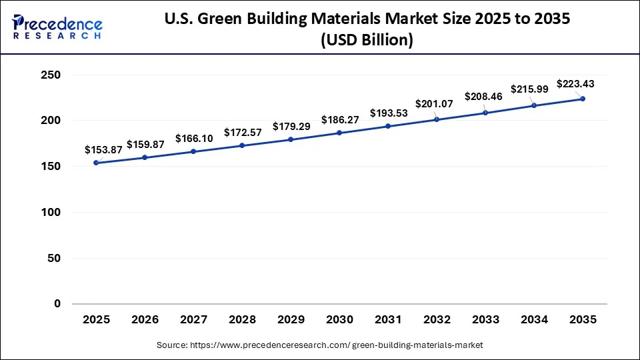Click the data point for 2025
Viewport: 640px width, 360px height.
click(96, 163)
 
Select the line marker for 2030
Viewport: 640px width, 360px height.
click(339, 133)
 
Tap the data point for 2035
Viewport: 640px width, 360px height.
click(583, 99)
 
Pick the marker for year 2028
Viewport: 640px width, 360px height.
click(242, 145)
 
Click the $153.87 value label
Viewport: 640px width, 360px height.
click(103, 150)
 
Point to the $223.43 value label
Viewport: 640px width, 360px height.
click(575, 84)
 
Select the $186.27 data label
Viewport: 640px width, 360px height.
click(339, 120)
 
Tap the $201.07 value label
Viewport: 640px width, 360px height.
click(434, 104)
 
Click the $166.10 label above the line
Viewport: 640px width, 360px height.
click(194, 138)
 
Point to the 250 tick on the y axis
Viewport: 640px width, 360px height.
click(51, 75)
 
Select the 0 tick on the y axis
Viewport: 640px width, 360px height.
click(57, 304)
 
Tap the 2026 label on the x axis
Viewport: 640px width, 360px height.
click(145, 320)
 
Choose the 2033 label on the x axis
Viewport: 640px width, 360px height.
click(485, 320)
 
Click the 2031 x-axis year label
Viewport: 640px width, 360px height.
click(388, 320)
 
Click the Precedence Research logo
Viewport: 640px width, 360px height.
click(57, 27)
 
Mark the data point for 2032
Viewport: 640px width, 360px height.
click(437, 119)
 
